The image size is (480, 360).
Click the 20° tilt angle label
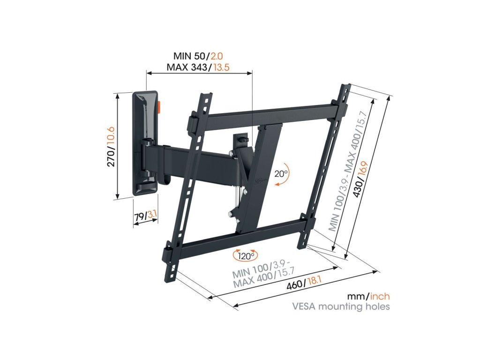pos(281,174)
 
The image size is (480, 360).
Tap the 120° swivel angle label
pos(245,256)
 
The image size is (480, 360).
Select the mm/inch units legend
pos(368,296)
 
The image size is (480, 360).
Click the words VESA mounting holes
pos(341,307)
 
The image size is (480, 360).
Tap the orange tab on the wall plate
pos(159,107)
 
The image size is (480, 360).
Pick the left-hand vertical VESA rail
pos(187,187)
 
